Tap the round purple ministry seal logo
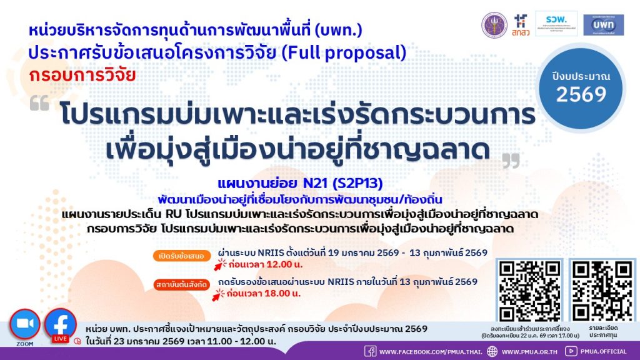[494, 24]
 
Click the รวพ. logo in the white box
[556, 24]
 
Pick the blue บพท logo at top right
[603, 24]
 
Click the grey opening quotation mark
[39, 102]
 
